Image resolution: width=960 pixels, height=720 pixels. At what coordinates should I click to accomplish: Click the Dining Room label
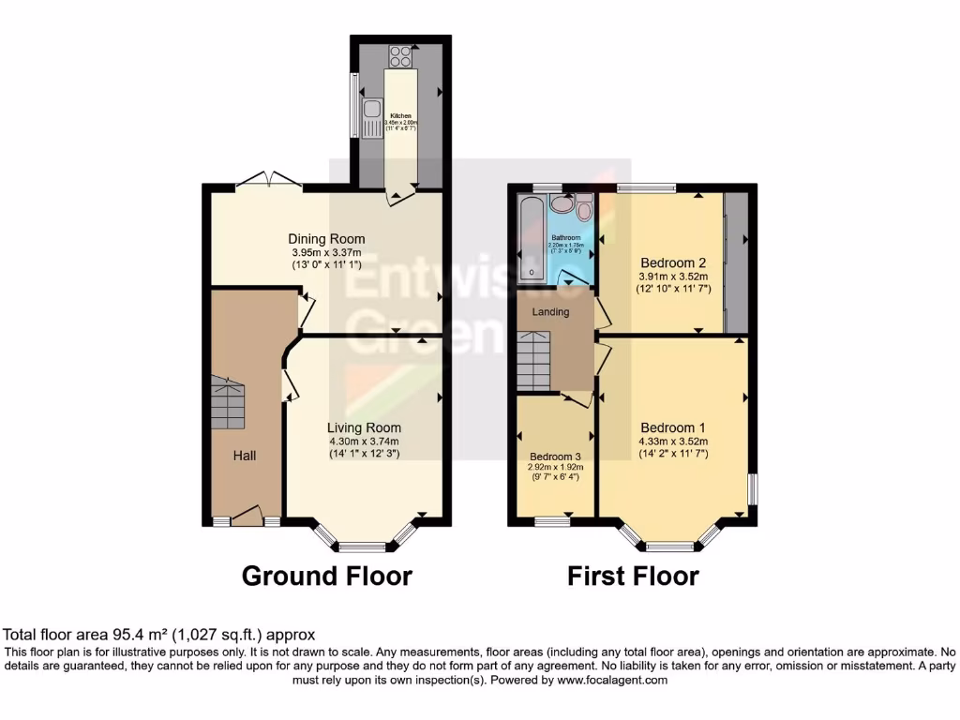[x=326, y=239]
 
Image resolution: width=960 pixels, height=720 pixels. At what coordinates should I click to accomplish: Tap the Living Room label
[x=364, y=428]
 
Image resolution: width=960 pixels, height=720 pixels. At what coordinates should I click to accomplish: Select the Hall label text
[x=246, y=456]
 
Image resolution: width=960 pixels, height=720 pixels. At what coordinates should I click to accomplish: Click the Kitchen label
[x=401, y=116]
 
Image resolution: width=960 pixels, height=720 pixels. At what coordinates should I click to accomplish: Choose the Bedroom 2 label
[x=672, y=262]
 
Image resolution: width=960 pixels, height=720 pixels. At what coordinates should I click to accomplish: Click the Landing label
[x=550, y=312]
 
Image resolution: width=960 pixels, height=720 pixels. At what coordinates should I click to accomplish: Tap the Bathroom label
[x=565, y=238]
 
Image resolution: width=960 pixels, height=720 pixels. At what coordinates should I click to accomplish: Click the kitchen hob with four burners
[x=401, y=56]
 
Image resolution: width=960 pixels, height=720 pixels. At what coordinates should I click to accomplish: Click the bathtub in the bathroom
[x=531, y=238]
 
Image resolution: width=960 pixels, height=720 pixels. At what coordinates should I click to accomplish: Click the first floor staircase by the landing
[x=533, y=362]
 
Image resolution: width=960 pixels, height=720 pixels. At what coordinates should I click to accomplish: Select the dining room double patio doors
[x=268, y=181]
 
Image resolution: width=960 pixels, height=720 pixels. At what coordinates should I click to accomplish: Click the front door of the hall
[x=247, y=516]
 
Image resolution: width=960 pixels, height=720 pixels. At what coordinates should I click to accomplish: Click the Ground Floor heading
[x=326, y=576]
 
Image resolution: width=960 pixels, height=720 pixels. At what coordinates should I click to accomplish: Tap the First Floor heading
[x=633, y=576]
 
